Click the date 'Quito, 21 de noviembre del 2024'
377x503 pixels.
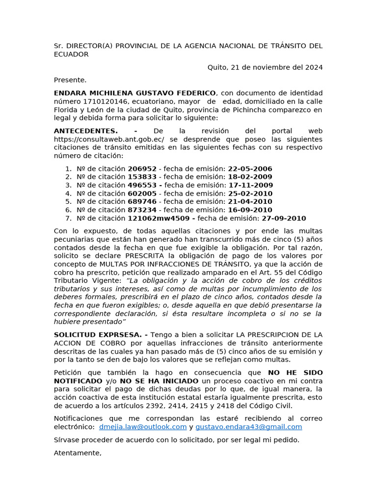click(265, 67)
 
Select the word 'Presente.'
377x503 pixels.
click(70, 80)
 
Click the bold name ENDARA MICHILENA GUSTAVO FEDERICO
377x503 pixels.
click(135, 93)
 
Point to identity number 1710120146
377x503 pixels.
click(101, 102)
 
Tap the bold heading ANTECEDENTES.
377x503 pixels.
click(86, 131)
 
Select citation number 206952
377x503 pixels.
click(142, 168)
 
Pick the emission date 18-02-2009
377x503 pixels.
click(250, 177)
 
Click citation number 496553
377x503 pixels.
click(142, 185)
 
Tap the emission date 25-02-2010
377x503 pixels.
click(250, 194)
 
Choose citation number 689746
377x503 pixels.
click(142, 202)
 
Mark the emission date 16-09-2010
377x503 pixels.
click(250, 210)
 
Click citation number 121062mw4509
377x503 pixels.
click(160, 219)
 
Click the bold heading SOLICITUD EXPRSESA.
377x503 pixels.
click(98, 334)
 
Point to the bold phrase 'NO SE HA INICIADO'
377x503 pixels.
click(159, 381)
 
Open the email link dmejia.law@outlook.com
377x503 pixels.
click(143, 426)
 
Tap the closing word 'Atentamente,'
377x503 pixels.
click(78, 453)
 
